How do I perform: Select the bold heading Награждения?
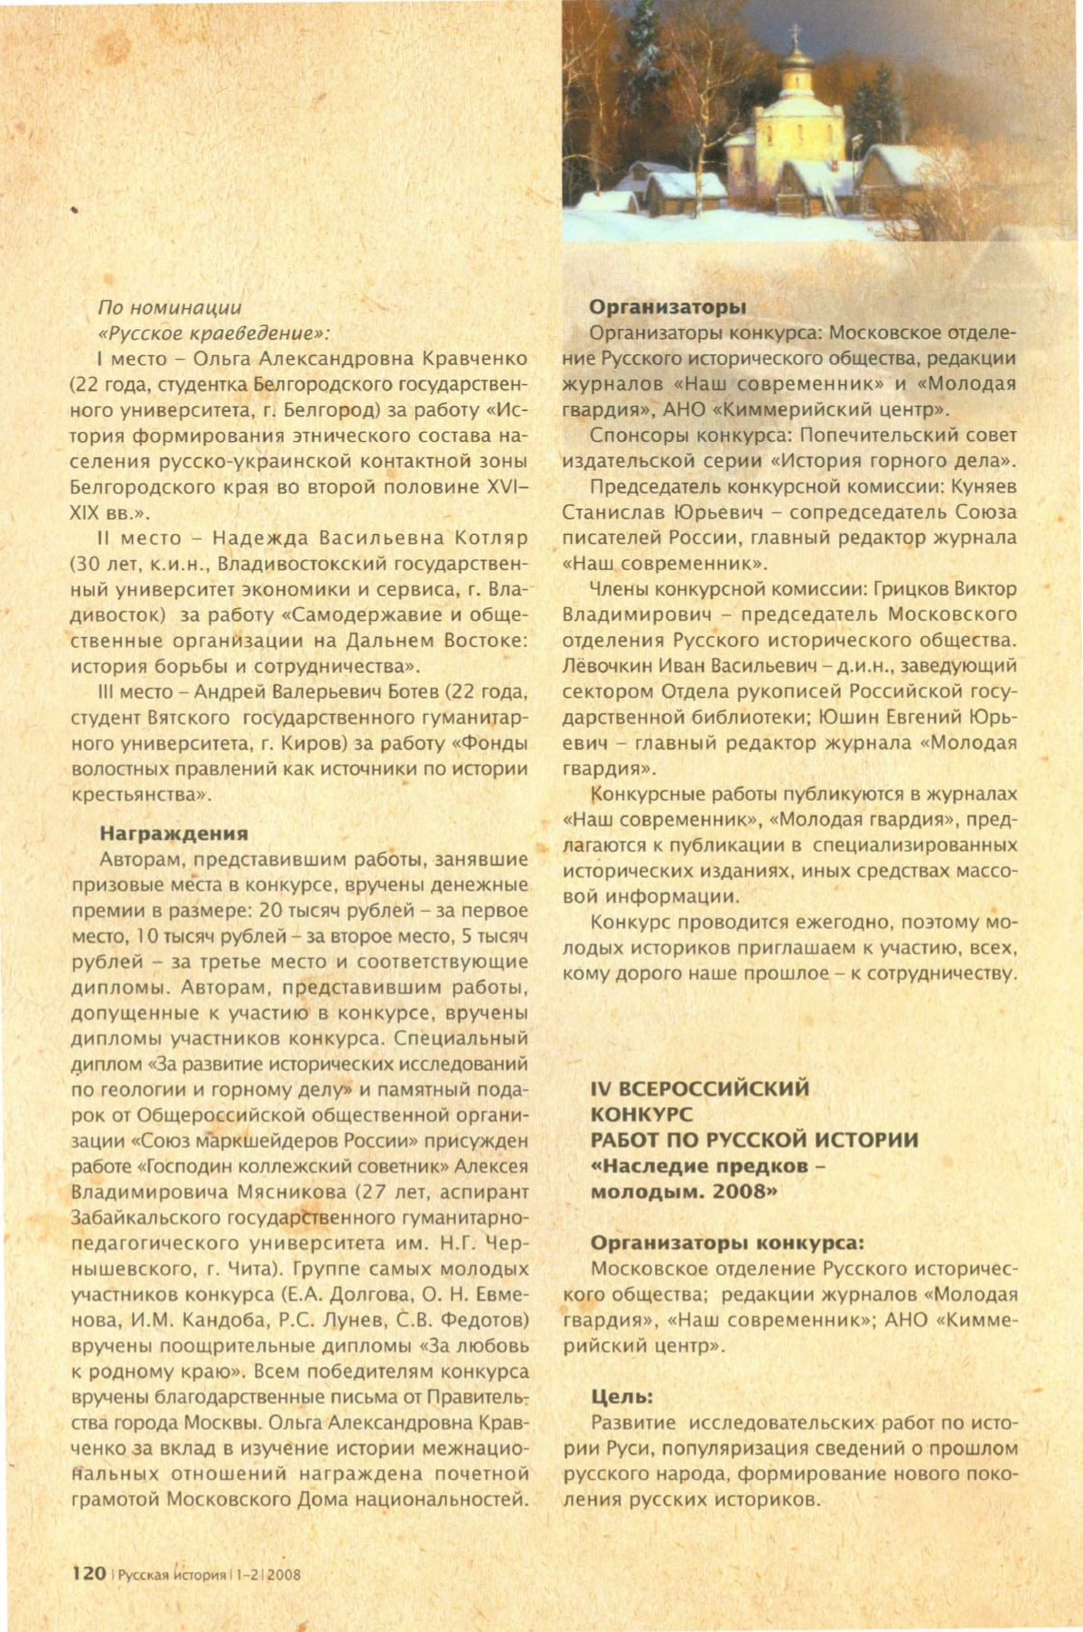coord(173,833)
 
